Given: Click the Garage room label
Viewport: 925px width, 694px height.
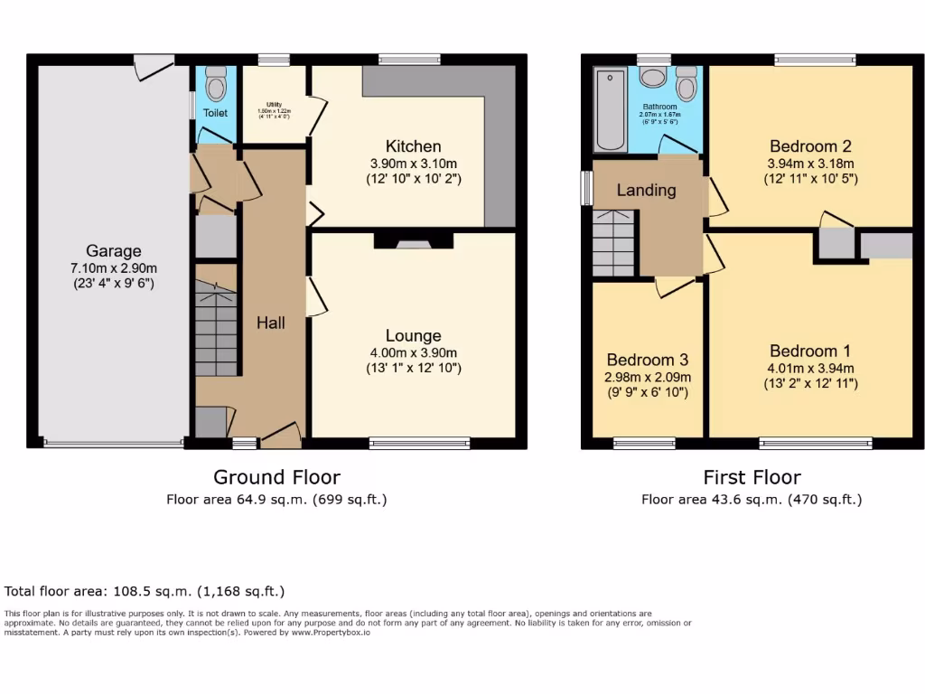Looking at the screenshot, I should click(x=114, y=251).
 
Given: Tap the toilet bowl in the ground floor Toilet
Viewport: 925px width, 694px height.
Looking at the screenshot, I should click(x=215, y=86).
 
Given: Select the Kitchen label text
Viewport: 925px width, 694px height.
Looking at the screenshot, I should click(x=414, y=146).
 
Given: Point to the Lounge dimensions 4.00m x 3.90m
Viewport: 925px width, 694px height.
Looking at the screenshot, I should click(x=414, y=353).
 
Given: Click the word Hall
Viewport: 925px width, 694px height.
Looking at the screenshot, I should click(x=271, y=323).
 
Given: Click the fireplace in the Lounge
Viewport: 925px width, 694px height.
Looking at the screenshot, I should click(x=415, y=241).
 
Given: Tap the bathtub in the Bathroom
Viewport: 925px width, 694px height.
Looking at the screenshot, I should click(x=612, y=110).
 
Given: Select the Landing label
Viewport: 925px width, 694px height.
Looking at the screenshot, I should click(x=646, y=190).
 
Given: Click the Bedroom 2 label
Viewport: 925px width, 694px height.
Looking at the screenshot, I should click(x=810, y=146).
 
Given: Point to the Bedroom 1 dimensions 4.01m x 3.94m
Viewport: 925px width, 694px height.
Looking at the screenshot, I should click(x=810, y=368).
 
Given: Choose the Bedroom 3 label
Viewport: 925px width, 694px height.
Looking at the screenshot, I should click(x=648, y=360).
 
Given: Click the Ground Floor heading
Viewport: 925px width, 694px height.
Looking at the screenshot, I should click(x=276, y=476).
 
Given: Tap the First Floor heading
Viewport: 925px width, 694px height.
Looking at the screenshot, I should click(x=752, y=476).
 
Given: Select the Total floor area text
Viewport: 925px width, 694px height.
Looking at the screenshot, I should click(x=145, y=592).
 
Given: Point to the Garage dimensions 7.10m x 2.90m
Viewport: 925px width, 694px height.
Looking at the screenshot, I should click(x=114, y=268).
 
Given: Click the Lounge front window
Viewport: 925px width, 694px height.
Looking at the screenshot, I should click(x=419, y=443).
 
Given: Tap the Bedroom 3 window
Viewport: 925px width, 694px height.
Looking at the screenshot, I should click(x=644, y=443).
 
